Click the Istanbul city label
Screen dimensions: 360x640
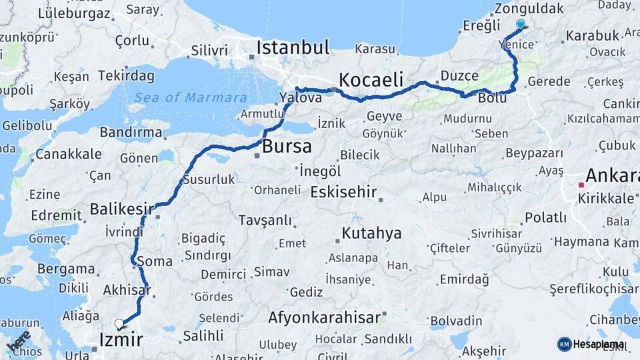pos(293,47)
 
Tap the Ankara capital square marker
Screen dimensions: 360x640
pos(581,185)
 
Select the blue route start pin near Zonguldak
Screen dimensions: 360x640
pos(521,24)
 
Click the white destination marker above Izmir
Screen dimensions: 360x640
pos(119,324)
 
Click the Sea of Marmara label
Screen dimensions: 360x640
pos(190,98)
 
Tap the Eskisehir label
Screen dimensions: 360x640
pos(344,193)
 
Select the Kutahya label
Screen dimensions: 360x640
pos(371,233)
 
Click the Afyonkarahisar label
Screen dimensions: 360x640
pos(324,317)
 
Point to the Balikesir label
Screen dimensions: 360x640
pos(121,209)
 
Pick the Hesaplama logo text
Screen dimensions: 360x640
pos(598,344)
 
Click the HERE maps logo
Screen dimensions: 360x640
pos(19,341)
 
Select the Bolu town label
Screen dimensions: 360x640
pos(492,98)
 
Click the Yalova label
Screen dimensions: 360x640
pos(300,98)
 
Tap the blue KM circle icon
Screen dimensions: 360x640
pos(564,344)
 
